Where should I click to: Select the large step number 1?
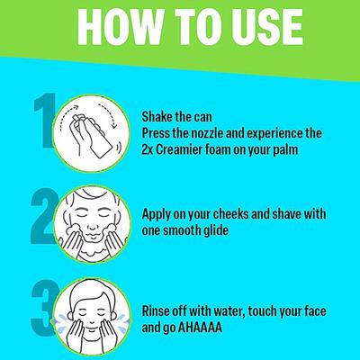click(x=45, y=121)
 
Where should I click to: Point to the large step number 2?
click(x=44, y=215)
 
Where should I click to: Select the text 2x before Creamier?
click(x=148, y=149)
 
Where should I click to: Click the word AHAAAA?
click(x=200, y=328)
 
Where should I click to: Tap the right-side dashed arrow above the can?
click(x=109, y=114)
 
